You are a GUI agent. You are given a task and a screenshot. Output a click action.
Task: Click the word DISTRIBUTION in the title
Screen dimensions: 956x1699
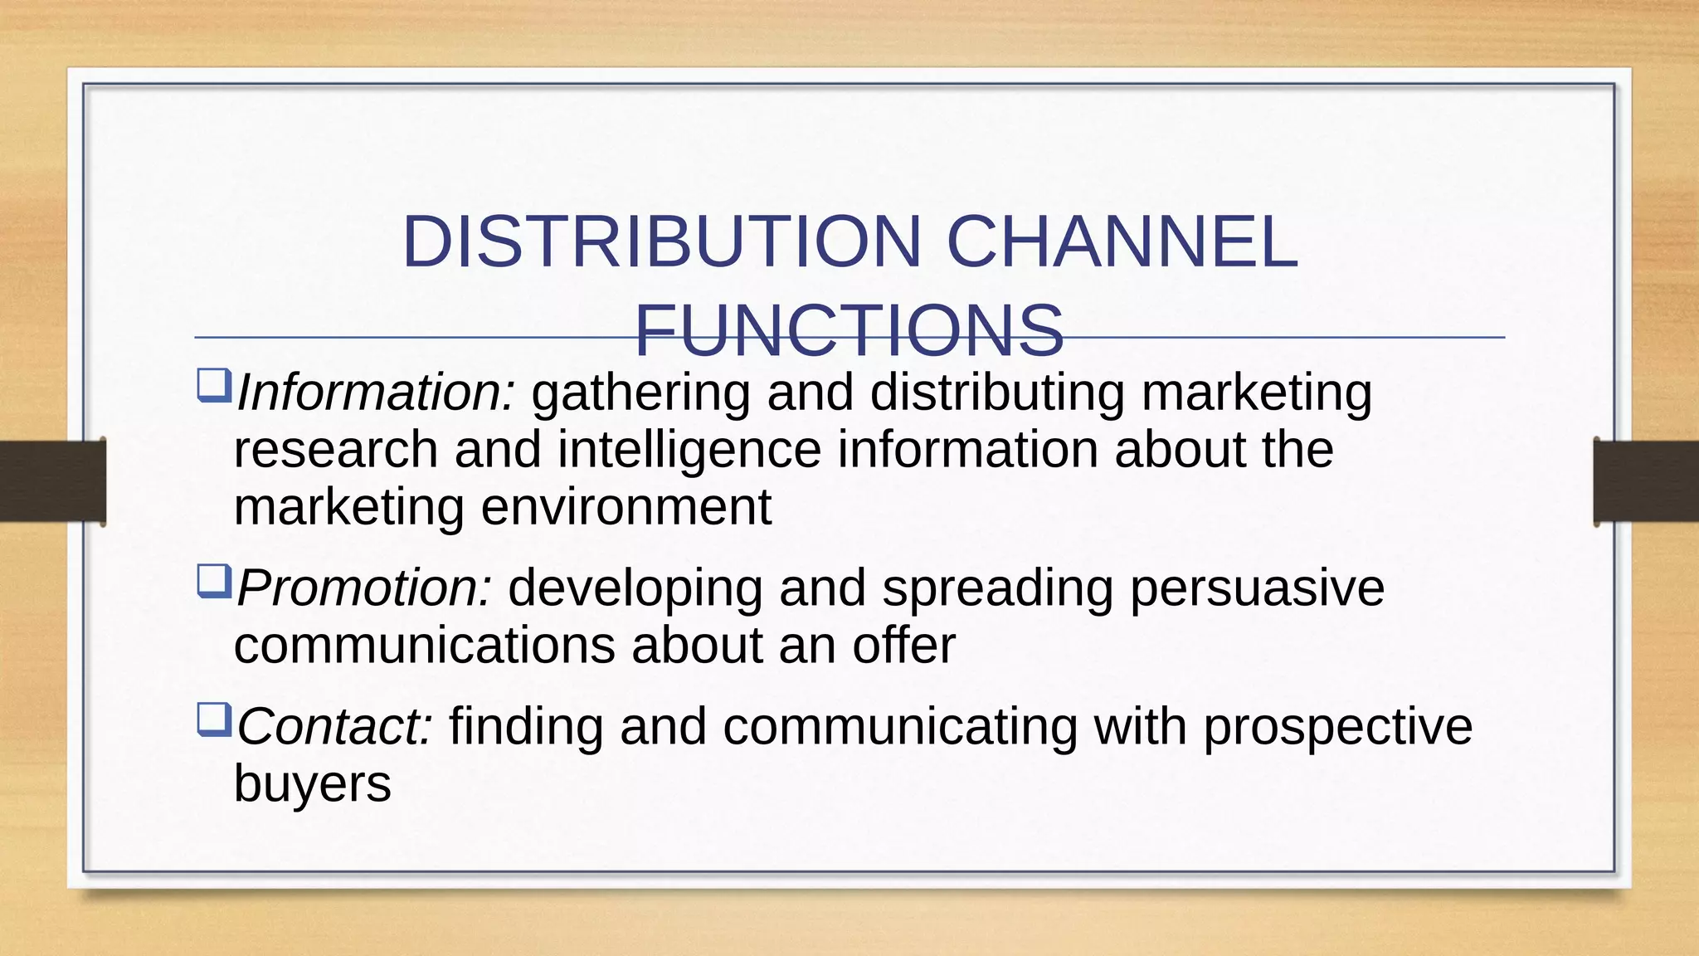(x=660, y=242)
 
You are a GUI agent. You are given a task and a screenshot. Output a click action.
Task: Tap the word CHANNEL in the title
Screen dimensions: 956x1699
(x=1122, y=242)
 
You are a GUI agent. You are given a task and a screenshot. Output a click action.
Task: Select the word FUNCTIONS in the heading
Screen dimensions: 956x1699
(x=849, y=330)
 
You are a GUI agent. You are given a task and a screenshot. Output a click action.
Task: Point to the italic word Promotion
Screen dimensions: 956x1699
(x=364, y=588)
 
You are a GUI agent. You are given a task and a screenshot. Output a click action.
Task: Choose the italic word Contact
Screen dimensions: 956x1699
(x=334, y=727)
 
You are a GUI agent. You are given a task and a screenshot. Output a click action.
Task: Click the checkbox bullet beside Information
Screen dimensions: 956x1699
(x=213, y=386)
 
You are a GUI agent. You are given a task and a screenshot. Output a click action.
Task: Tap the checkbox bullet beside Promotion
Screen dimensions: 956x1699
(x=213, y=582)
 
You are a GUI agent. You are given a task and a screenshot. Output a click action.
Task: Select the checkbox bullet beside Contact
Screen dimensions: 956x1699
(x=213, y=720)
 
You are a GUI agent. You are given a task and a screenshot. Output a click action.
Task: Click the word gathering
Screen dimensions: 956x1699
(x=640, y=393)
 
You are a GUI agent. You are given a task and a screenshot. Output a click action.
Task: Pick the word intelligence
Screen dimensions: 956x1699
(x=689, y=450)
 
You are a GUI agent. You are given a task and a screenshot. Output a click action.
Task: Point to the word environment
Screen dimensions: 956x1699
(x=626, y=507)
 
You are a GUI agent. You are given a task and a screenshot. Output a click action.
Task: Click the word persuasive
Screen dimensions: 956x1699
(x=1257, y=588)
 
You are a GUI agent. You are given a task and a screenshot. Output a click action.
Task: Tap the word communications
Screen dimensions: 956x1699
(x=424, y=646)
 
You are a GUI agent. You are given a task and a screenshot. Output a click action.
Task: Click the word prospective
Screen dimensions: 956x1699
(x=1337, y=727)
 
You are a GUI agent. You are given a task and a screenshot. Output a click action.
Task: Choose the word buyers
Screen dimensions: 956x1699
(x=312, y=784)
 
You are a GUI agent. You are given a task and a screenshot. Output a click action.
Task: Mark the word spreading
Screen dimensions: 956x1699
(x=997, y=588)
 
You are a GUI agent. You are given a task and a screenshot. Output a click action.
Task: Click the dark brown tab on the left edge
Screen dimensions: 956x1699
(x=52, y=481)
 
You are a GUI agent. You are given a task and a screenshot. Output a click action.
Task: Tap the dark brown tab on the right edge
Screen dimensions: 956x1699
(x=1646, y=481)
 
